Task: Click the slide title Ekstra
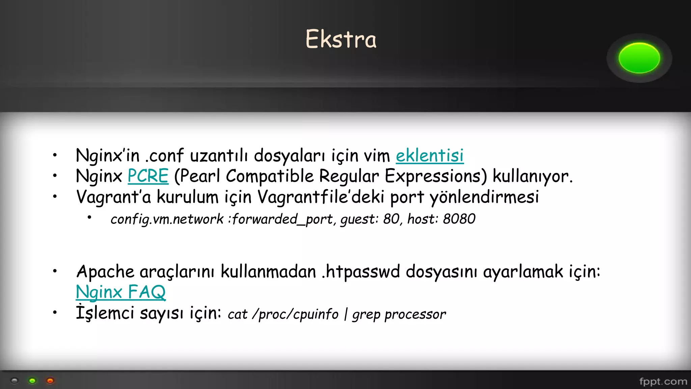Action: click(x=341, y=39)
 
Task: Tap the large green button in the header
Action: click(x=639, y=58)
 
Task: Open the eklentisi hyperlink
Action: click(x=430, y=156)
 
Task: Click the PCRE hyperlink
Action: click(x=148, y=176)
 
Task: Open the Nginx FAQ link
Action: click(x=121, y=292)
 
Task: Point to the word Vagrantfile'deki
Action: click(x=321, y=197)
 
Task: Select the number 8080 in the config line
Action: click(x=459, y=219)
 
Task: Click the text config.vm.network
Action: click(x=167, y=219)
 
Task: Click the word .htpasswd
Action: click(x=361, y=272)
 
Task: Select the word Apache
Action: click(x=105, y=272)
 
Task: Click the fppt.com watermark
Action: click(x=663, y=382)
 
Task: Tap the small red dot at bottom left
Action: click(x=50, y=381)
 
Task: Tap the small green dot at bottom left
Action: click(x=32, y=381)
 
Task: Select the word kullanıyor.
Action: click(x=532, y=176)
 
